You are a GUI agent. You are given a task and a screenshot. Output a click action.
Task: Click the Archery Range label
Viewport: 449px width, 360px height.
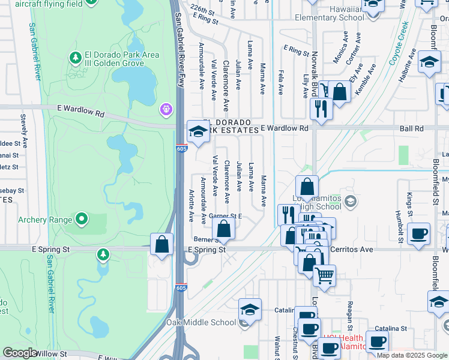click(x=41, y=220)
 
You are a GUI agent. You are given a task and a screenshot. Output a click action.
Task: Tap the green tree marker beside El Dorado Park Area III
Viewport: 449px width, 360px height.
click(x=76, y=58)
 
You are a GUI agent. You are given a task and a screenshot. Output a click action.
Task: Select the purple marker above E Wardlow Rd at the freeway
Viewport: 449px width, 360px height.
click(x=166, y=110)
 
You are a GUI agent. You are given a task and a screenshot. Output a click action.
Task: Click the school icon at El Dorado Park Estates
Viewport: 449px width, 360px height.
click(x=198, y=131)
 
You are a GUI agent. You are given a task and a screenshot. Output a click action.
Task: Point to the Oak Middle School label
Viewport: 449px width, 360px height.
click(x=201, y=322)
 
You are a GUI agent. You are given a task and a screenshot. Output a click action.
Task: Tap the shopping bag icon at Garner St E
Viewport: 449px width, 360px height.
click(x=223, y=229)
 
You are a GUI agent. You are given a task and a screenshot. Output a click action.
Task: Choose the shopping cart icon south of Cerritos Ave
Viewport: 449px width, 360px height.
click(x=324, y=275)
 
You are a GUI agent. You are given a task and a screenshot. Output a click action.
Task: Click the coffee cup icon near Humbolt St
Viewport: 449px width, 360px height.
click(x=418, y=233)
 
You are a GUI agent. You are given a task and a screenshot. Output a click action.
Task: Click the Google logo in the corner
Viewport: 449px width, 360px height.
click(x=20, y=353)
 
